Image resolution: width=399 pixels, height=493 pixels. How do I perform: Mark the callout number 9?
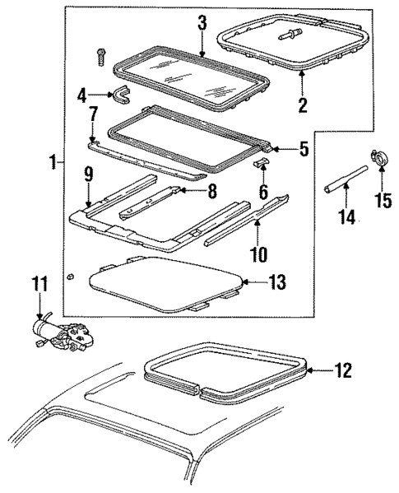click(87, 174)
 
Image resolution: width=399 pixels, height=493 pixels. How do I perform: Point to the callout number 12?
click(343, 370)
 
